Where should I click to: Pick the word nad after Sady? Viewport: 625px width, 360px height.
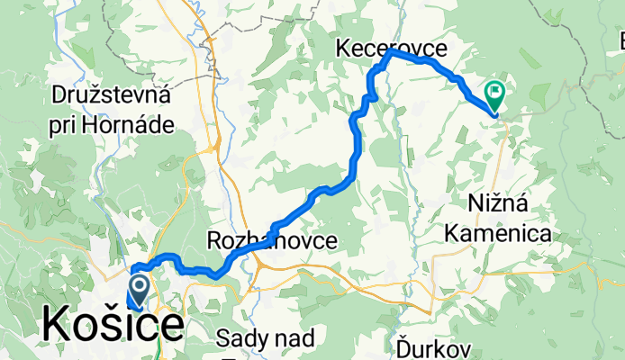click(x=296, y=339)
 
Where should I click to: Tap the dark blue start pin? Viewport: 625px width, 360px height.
click(x=140, y=290)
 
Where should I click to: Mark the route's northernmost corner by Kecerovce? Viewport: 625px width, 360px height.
click(x=390, y=53)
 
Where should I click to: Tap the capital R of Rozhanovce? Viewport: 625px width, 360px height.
click(x=215, y=240)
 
